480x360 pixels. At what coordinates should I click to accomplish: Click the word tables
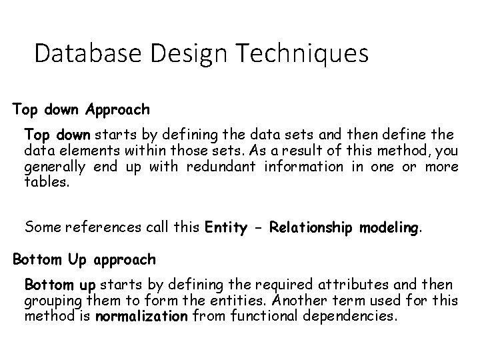click(46, 181)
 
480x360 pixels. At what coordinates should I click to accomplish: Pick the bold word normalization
click(142, 317)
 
